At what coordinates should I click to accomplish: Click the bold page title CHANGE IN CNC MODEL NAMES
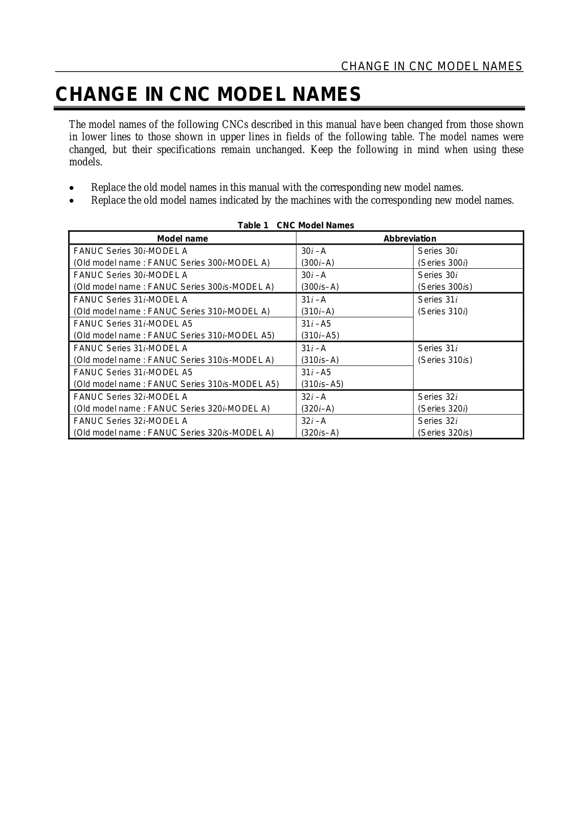(x=208, y=95)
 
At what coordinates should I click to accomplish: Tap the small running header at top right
(x=432, y=66)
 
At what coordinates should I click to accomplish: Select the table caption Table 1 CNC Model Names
(x=296, y=225)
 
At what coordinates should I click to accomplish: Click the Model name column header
(x=182, y=239)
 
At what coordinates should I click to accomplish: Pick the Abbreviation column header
(x=410, y=239)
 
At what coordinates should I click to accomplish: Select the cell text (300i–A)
(x=318, y=263)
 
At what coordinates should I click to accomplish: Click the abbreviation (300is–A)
(x=320, y=287)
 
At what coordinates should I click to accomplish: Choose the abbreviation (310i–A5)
(x=320, y=336)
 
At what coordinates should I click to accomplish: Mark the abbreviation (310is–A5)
(x=322, y=384)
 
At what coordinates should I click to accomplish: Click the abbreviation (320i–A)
(x=318, y=408)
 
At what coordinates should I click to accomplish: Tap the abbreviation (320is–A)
(x=320, y=433)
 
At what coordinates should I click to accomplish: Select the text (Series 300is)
(x=445, y=287)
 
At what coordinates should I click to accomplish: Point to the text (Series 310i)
(x=443, y=311)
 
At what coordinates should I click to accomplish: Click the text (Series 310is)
(x=445, y=360)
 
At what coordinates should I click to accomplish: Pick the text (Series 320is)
(x=445, y=433)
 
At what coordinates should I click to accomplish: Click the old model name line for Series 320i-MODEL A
(x=172, y=408)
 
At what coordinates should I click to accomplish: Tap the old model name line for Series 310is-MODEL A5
(x=176, y=384)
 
